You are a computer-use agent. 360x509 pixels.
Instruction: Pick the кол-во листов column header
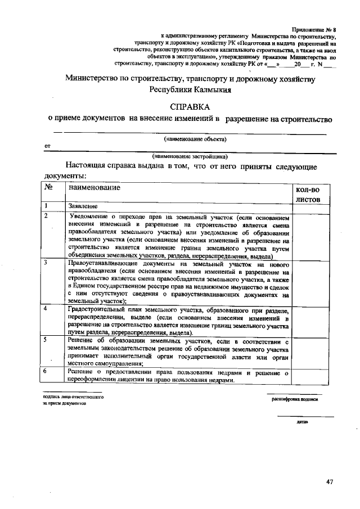point(307,194)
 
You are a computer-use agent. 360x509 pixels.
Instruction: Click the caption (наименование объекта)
point(195,138)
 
